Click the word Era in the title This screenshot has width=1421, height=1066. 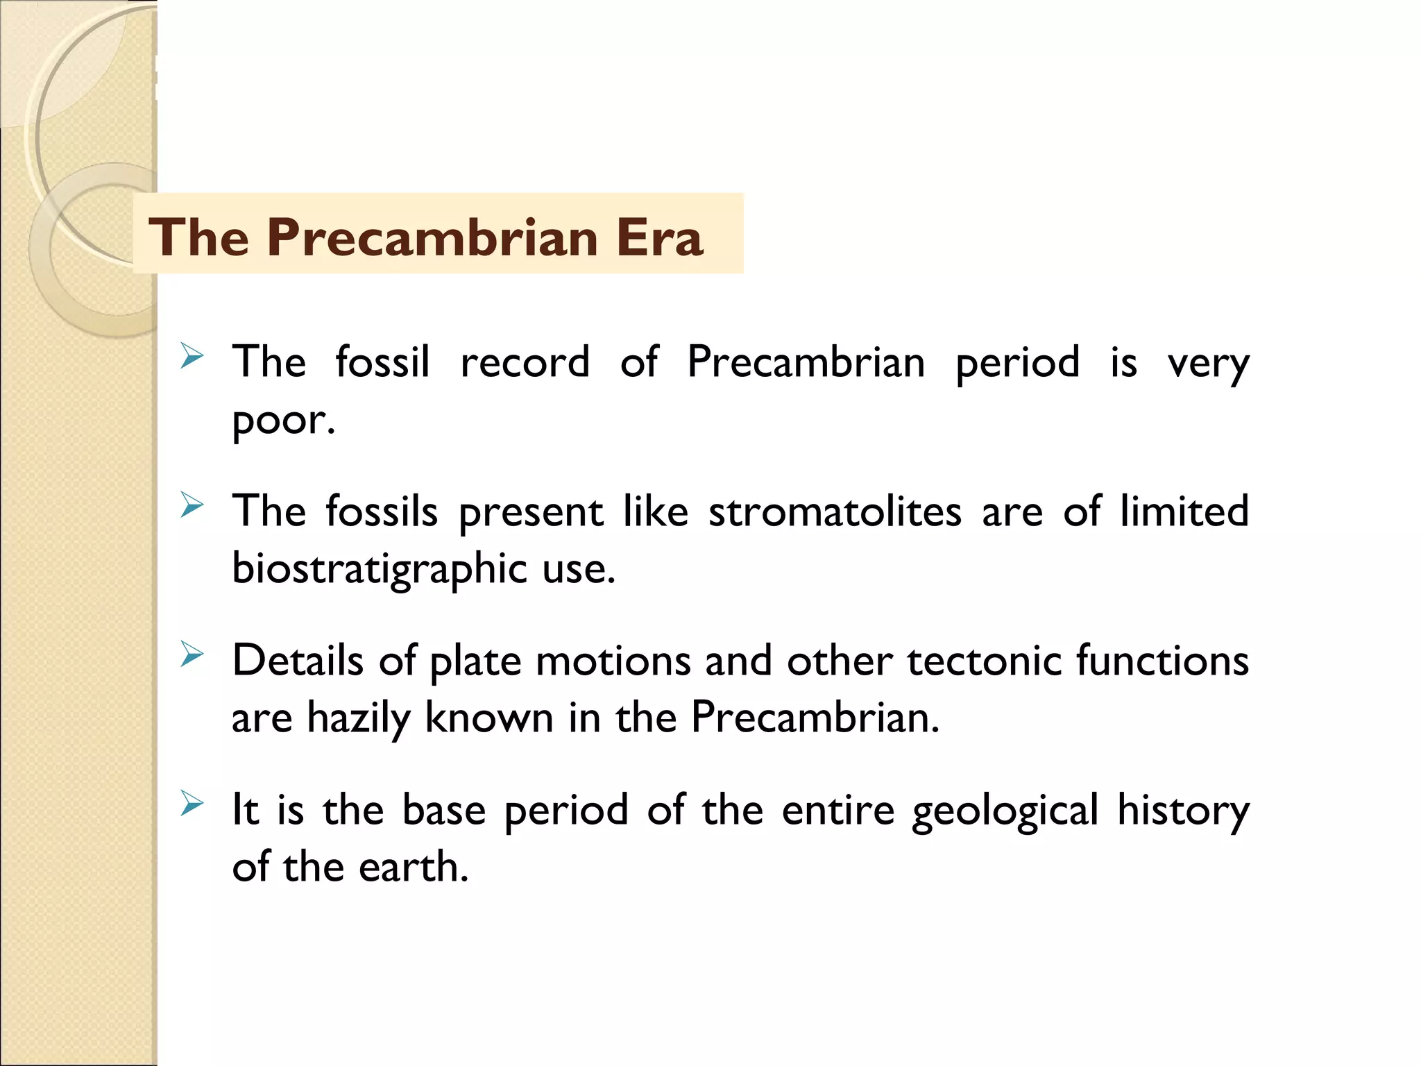[x=659, y=237]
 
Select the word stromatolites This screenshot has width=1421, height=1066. [x=835, y=511]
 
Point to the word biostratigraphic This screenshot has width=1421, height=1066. [x=380, y=569]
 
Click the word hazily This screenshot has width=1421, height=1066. [x=358, y=718]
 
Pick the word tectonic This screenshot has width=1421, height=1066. [x=984, y=660]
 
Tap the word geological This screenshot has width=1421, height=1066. [x=1005, y=811]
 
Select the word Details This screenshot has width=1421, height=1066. [x=298, y=660]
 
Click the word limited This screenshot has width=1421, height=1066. [x=1184, y=511]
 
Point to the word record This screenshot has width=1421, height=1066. [x=525, y=362]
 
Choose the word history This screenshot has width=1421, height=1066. [x=1183, y=811]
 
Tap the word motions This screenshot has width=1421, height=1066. [x=613, y=660]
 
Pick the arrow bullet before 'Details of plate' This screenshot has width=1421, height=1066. [x=192, y=654]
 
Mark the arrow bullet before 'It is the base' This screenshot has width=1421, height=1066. [x=192, y=804]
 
